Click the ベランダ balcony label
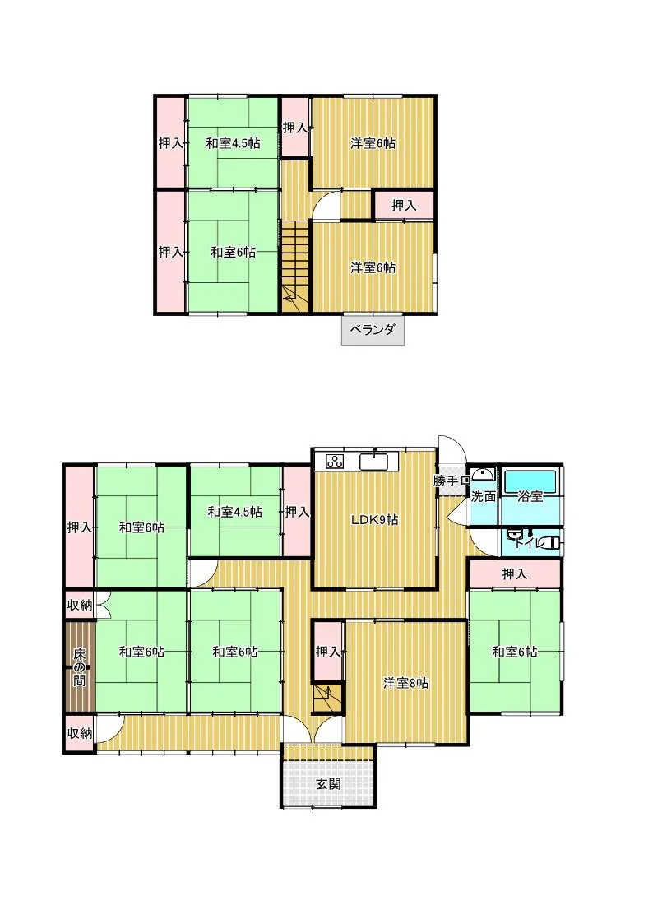click(373, 330)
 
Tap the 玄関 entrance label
click(328, 784)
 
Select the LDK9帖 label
click(374, 520)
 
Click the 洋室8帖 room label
click(405, 684)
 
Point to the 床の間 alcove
click(79, 667)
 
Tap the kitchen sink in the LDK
click(373, 461)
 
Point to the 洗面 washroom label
click(483, 496)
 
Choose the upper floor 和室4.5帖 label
click(234, 143)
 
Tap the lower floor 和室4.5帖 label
click(235, 512)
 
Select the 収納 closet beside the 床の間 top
click(79, 606)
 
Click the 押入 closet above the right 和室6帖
click(515, 573)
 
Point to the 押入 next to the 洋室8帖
click(328, 652)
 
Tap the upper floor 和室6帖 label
click(234, 253)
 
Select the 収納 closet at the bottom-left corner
click(79, 733)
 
